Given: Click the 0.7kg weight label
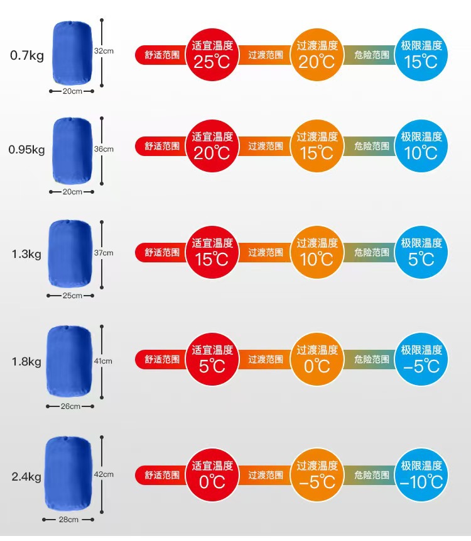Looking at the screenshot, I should point(26,55).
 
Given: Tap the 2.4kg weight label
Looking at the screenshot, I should point(26,476).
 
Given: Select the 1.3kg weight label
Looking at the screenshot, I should point(26,254).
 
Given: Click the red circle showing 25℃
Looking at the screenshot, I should point(212,55).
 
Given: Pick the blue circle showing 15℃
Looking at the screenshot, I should point(421,55).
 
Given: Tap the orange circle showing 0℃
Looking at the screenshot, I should point(317,359).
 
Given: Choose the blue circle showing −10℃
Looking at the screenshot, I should point(421,476).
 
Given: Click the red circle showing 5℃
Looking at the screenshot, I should point(212,359).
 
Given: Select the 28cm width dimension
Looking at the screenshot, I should point(68,520).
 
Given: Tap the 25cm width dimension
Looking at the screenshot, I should point(72,295).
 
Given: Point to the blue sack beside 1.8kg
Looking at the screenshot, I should point(70,361).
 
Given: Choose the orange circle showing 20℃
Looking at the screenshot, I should point(317,55).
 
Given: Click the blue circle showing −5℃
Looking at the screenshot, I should point(421,359).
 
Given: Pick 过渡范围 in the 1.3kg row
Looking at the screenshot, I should point(266,252).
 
